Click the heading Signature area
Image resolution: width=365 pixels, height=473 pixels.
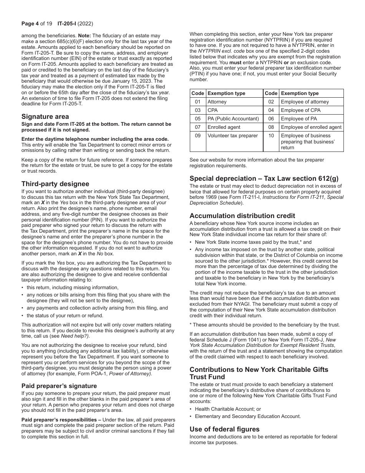pyautogui.click(x=45, y=117)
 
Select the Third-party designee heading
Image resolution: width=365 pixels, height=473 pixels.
pyautogui.click(x=55, y=184)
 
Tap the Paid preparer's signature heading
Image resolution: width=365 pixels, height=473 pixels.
pyautogui.click(x=59, y=386)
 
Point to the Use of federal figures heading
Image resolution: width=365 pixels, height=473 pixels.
pyautogui.click(x=225, y=429)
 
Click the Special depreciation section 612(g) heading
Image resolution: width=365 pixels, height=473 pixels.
pyautogui.click(x=264, y=178)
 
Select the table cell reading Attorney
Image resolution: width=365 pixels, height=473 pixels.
pyautogui.click(x=217, y=102)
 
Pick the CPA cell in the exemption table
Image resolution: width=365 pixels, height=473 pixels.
pyautogui.click(x=212, y=110)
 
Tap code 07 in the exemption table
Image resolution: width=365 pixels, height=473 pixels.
pyautogui.click(x=197, y=127)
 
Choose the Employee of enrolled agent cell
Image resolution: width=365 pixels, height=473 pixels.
pyautogui.click(x=311, y=127)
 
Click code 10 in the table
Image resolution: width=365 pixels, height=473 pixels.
pyautogui.click(x=271, y=136)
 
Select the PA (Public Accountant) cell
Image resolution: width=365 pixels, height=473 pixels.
pyautogui.click(x=233, y=119)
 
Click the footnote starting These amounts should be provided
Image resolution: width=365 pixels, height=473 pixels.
pyautogui.click(x=265, y=325)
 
